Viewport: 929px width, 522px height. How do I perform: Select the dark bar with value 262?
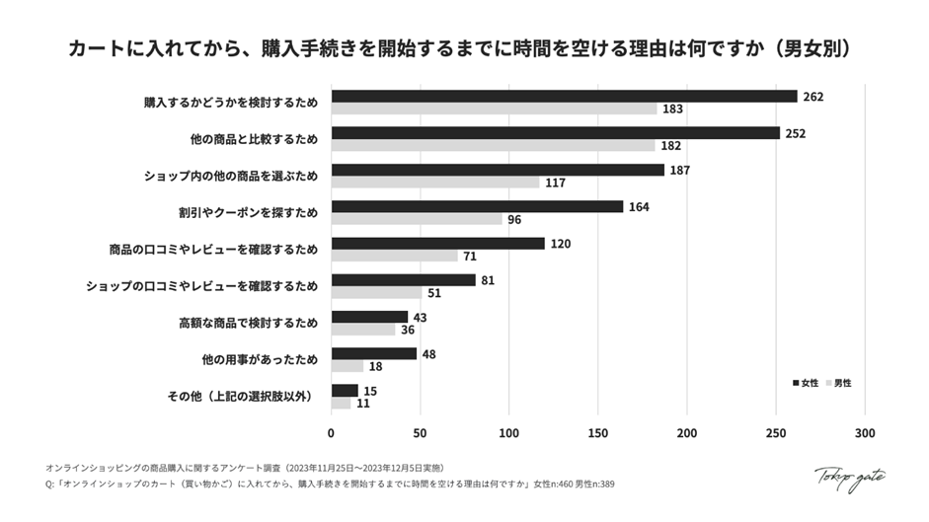(x=564, y=97)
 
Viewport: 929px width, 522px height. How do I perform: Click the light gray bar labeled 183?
(x=494, y=109)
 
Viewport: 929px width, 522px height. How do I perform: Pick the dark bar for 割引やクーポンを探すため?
(x=477, y=206)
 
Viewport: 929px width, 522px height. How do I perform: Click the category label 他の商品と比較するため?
(x=254, y=139)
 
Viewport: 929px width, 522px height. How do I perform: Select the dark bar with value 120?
(x=437, y=243)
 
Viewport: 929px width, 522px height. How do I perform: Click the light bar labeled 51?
(x=376, y=292)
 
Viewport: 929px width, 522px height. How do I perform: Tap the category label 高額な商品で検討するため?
(x=248, y=323)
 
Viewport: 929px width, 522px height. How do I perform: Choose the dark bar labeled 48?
(x=373, y=353)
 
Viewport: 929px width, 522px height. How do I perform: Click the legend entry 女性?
(x=805, y=382)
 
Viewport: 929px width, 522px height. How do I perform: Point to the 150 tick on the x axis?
(x=598, y=432)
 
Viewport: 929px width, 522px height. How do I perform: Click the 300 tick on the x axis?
(x=865, y=432)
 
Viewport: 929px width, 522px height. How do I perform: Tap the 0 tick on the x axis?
(x=331, y=432)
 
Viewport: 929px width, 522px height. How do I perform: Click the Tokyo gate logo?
(x=848, y=477)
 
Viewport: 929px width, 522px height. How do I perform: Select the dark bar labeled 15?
(x=345, y=390)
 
